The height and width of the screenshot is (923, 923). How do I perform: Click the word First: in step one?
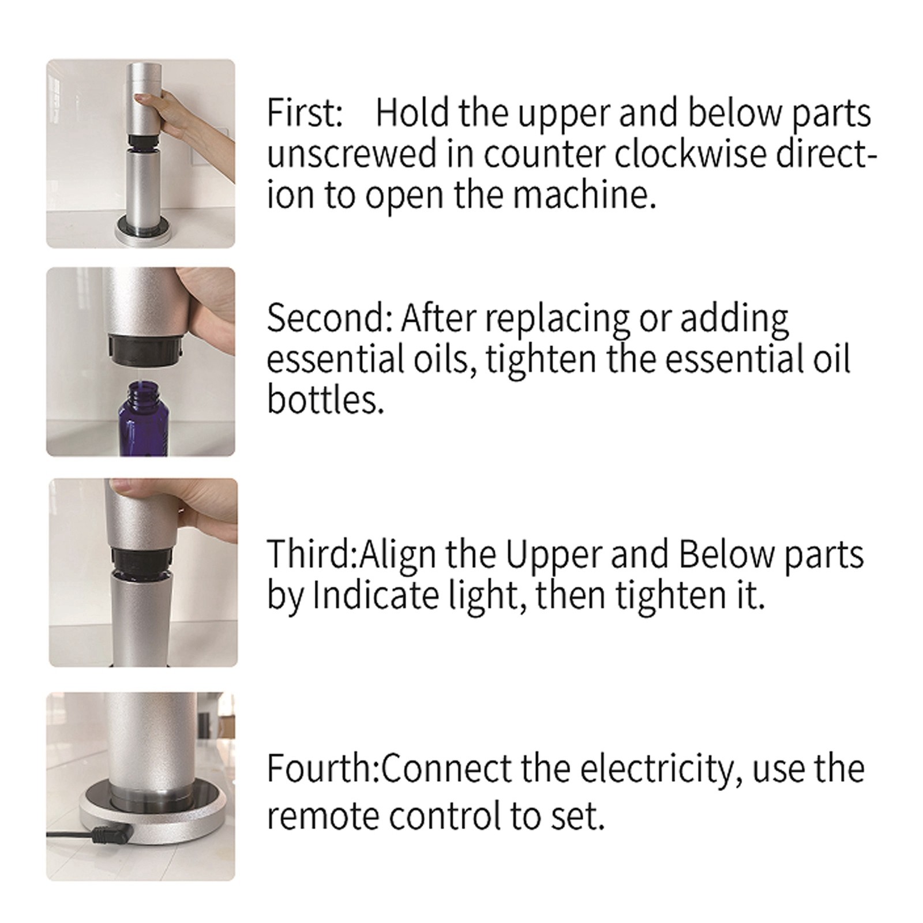click(x=305, y=113)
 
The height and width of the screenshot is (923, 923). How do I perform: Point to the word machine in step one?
click(x=584, y=195)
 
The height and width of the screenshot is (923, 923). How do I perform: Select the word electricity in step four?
click(x=662, y=770)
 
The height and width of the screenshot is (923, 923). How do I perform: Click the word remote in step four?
click(x=323, y=817)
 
